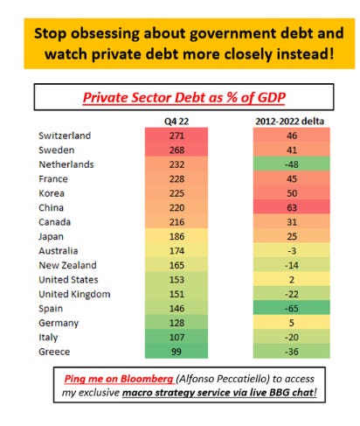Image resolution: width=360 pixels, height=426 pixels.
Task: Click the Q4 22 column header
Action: tap(177, 122)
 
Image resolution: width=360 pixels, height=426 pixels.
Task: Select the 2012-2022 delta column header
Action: tap(290, 122)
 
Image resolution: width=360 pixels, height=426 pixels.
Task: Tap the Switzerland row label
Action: tap(65, 136)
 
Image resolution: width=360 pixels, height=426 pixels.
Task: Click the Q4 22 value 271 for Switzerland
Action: tap(177, 136)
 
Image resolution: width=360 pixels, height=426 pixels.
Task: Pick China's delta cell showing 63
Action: tap(292, 207)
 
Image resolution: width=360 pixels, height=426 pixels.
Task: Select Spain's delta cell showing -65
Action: tap(292, 309)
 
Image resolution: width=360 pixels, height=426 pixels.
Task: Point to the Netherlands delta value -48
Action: tap(292, 164)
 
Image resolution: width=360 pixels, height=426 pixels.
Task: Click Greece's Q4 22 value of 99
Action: tap(177, 352)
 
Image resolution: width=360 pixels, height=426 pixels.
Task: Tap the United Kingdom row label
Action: tap(74, 294)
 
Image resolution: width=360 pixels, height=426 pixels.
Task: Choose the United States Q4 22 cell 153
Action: tap(177, 280)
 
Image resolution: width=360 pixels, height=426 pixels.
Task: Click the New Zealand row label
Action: tap(67, 265)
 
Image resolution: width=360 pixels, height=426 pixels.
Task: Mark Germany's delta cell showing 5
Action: tap(292, 323)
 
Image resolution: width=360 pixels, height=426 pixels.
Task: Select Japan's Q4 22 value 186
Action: tap(177, 236)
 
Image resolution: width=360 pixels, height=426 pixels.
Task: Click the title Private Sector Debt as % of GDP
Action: tap(184, 97)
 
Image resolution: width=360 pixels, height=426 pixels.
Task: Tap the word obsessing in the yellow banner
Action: tap(105, 34)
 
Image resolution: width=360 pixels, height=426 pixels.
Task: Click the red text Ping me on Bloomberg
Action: tap(119, 379)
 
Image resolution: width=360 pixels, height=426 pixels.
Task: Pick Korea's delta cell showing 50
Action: tap(292, 193)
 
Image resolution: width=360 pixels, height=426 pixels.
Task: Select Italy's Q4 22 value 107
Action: tap(177, 338)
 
